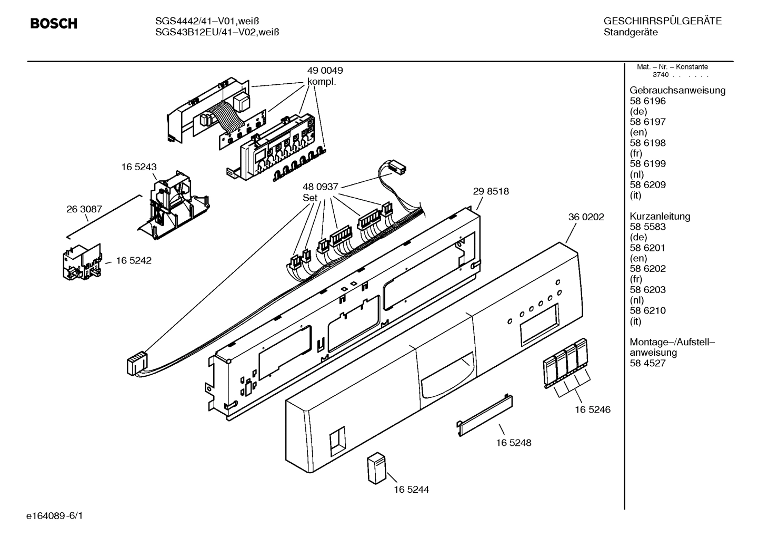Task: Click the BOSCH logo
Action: [54, 24]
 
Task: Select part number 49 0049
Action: [325, 71]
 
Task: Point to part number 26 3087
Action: [84, 209]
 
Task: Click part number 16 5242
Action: [134, 260]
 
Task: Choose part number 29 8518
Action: [491, 191]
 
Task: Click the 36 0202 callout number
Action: [586, 217]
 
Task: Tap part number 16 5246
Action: [593, 409]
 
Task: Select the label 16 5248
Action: [513, 443]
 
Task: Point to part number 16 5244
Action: [411, 490]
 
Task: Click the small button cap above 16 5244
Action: [376, 467]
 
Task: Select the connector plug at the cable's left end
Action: [136, 364]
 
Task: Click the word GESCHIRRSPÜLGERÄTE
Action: [662, 22]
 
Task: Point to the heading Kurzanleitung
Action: [660, 216]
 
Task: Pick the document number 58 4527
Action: [647, 363]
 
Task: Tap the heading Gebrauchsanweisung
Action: [677, 90]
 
